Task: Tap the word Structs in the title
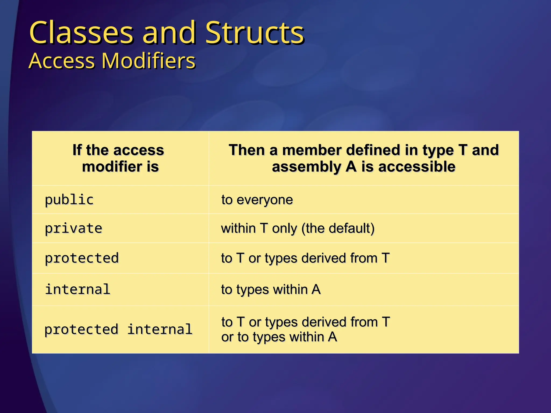tap(255, 33)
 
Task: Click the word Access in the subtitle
tap(62, 61)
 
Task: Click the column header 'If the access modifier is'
tap(119, 158)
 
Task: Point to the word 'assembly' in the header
tap(306, 167)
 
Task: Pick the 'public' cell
tap(69, 200)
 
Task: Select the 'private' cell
tap(73, 228)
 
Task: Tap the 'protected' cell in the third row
tap(82, 258)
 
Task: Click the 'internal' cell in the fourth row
tap(77, 290)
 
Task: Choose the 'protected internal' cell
tap(118, 329)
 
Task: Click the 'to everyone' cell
tap(257, 200)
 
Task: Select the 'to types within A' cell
tap(271, 290)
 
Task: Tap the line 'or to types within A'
tap(279, 337)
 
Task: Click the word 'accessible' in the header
tap(417, 167)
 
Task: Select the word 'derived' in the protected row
tap(324, 258)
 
